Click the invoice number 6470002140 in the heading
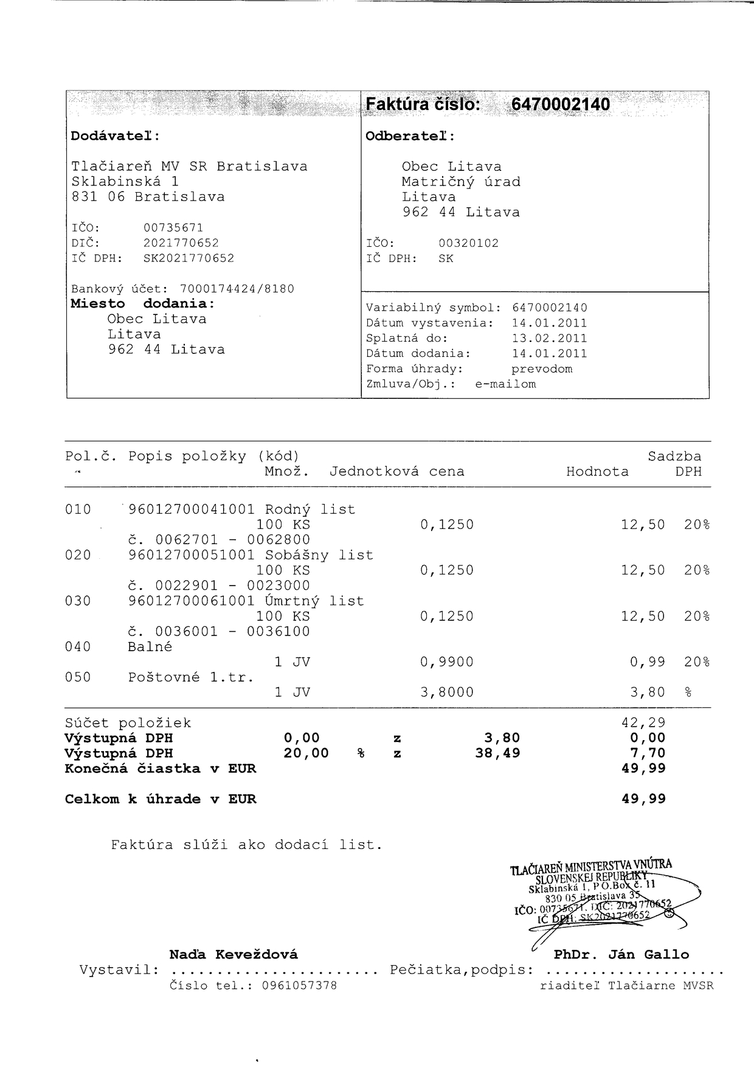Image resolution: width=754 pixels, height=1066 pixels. coord(560,105)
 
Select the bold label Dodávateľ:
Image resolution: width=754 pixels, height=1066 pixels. coord(115,136)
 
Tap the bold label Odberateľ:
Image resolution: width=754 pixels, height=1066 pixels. coord(410,136)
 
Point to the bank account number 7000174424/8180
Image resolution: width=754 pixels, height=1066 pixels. coord(237,289)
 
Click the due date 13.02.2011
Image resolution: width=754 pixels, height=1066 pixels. coord(549,338)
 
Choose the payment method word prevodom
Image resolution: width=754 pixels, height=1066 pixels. coord(541,369)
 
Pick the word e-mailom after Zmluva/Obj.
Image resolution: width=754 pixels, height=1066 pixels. coord(505,384)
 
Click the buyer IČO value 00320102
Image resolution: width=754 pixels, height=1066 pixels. coord(468,243)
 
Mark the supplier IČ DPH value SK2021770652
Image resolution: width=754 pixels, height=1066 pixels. coord(188,258)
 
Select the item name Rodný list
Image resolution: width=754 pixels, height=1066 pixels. coord(310,509)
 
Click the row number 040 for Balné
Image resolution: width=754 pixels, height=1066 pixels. coord(78,646)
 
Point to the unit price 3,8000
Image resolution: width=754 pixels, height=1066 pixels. coord(447,692)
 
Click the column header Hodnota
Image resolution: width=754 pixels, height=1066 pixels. coord(597,471)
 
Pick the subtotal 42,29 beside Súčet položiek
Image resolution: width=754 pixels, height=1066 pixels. coord(643,722)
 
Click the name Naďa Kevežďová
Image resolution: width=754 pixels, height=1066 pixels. coord(233,954)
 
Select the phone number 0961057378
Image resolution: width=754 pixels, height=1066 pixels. coord(299,985)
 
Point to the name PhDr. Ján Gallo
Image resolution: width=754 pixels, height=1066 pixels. coord(621,954)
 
